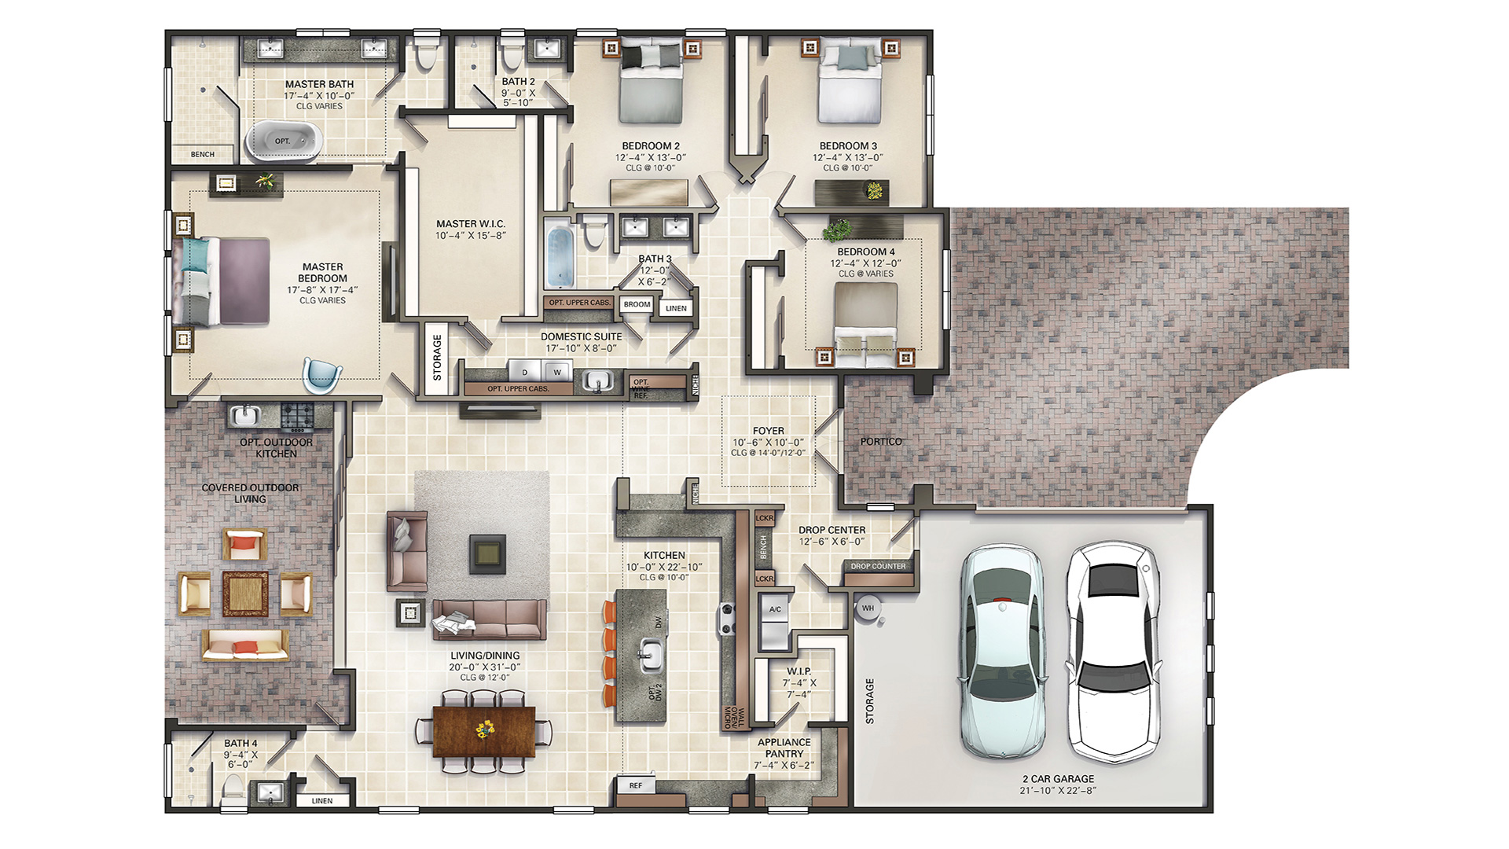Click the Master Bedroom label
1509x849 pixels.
tap(322, 273)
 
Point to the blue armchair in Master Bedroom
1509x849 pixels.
tap(322, 374)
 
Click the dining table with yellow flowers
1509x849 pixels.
tap(484, 731)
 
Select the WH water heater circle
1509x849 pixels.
tap(868, 608)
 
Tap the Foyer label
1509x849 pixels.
tap(768, 431)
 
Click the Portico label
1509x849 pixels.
tap(881, 442)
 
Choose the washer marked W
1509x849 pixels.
tap(557, 371)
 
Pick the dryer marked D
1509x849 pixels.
tap(524, 371)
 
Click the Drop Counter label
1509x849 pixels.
tap(878, 566)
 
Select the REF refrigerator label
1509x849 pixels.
tap(635, 785)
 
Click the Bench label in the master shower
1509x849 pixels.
tap(203, 154)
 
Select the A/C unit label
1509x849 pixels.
tap(775, 609)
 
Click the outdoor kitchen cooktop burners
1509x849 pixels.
tap(297, 417)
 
